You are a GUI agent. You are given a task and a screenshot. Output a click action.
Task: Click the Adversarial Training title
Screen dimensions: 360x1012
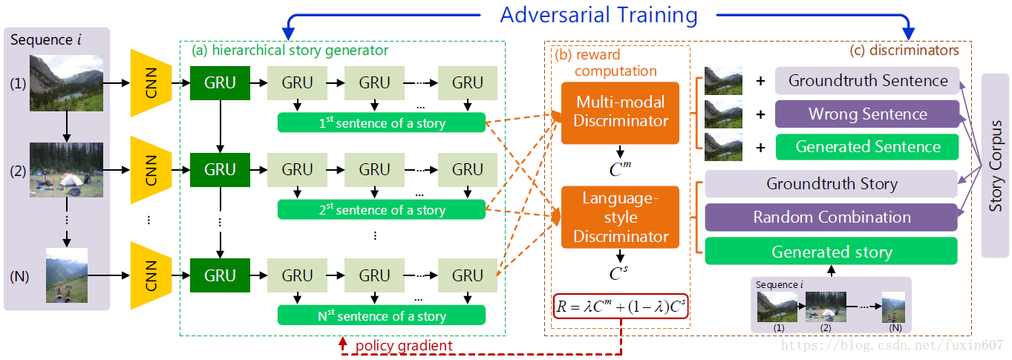598,15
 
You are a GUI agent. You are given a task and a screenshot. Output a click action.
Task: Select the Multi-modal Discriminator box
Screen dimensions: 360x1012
620,112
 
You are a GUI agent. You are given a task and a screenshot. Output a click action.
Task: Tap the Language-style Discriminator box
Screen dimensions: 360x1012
620,217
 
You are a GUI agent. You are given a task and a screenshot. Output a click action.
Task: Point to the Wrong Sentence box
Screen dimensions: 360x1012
866,114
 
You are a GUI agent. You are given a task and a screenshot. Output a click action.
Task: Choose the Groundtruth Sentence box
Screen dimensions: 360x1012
866,81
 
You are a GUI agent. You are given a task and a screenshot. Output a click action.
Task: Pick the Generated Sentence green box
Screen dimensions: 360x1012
866,146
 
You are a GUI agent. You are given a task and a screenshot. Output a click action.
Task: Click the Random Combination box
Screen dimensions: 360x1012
831,217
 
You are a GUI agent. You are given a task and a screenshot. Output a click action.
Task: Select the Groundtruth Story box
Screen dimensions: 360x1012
831,183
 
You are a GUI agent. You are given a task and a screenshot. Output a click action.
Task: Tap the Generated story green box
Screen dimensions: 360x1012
831,252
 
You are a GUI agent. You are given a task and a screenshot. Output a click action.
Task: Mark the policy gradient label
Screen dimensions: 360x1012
403,346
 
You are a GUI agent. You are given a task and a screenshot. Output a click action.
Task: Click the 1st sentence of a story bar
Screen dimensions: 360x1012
381,123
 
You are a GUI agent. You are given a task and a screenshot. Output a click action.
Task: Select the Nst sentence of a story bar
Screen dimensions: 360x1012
381,315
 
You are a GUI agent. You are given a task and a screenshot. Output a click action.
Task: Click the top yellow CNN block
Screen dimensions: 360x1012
151,83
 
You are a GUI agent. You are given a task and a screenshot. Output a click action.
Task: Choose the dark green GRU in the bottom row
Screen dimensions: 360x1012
220,276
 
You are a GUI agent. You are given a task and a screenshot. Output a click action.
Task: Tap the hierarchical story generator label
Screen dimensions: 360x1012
290,50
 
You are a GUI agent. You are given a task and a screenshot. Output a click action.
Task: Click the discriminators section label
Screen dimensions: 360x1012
903,50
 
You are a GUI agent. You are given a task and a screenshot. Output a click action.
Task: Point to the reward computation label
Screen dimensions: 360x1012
605,63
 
